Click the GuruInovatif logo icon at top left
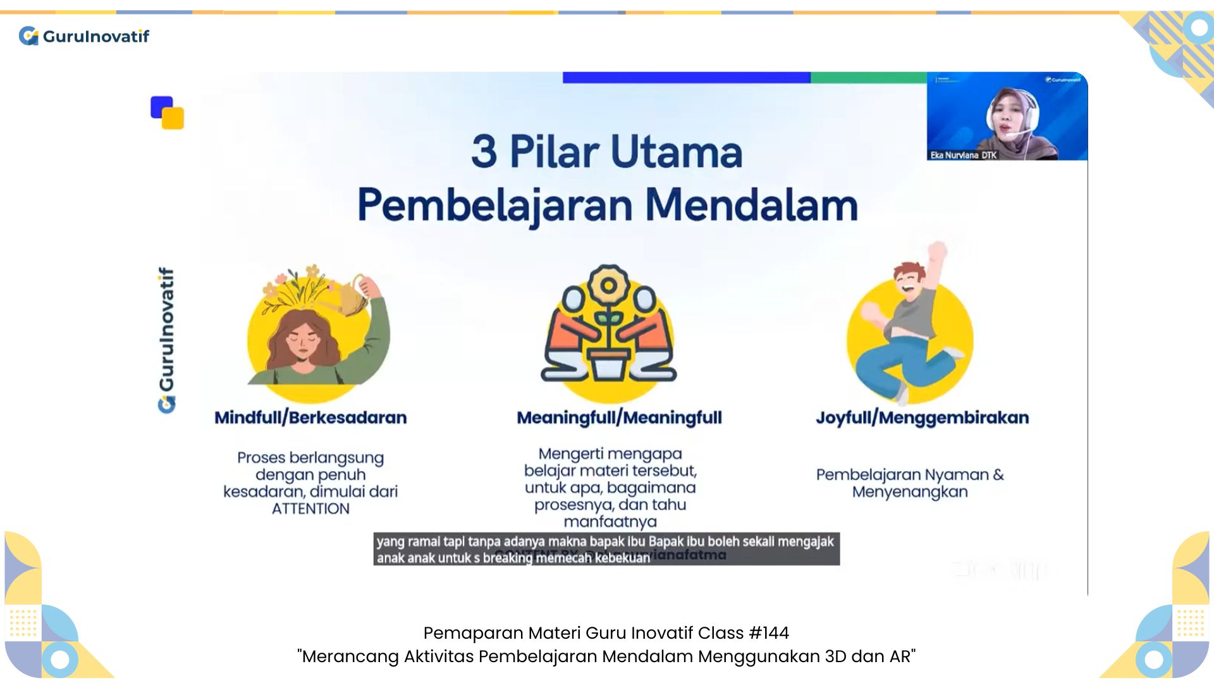click(28, 36)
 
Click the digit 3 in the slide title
click(484, 152)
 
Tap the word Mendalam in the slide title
click(751, 206)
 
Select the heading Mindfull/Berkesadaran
click(310, 418)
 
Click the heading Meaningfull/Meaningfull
click(619, 418)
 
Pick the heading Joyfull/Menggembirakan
click(922, 418)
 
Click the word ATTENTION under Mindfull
click(310, 509)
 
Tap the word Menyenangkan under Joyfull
click(909, 492)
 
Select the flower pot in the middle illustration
click(608, 363)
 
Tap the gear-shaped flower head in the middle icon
click(608, 285)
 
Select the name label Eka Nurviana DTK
click(963, 155)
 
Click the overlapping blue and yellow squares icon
click(167, 113)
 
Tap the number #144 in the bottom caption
click(768, 633)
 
